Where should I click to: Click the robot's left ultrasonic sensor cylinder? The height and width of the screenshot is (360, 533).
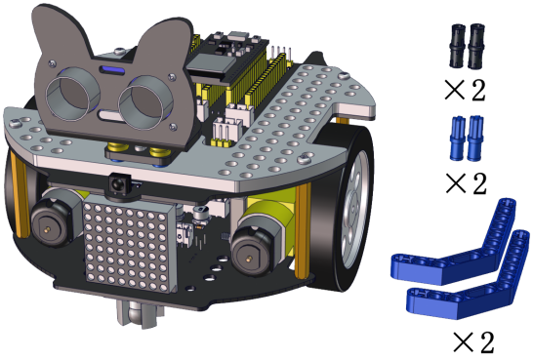pos(73,94)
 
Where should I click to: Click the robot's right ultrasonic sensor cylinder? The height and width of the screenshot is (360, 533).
pos(145,106)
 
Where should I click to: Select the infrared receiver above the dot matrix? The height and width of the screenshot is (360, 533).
pos(120,184)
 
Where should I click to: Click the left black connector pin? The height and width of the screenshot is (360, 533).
pos(456,46)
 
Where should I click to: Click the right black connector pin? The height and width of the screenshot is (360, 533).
pos(476,46)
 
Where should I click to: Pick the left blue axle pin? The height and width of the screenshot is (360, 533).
pos(457,138)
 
